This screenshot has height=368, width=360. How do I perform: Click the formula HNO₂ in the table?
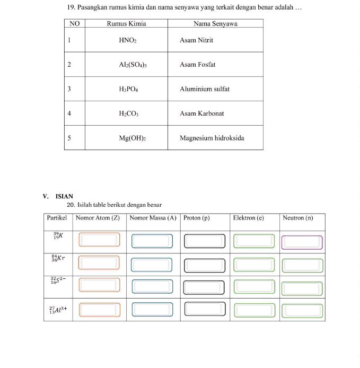128,40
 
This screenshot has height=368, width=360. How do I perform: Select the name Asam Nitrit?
196,40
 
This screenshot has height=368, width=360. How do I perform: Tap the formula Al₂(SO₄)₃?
133,65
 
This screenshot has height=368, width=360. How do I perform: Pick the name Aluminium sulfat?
204,89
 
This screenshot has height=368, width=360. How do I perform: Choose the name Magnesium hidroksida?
212,138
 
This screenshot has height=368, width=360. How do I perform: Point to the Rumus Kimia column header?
126,24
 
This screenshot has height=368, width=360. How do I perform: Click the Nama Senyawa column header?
215,24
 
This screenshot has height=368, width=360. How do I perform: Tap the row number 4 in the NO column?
69,113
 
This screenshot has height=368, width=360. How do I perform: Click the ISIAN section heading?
64,196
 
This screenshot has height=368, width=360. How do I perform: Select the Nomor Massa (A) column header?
153,218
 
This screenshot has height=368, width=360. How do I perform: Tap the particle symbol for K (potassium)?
58,235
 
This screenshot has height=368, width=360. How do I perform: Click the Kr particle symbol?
58,258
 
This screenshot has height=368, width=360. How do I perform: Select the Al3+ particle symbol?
58,310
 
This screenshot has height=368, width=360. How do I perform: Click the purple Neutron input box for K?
302,242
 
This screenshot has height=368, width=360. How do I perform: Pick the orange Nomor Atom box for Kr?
99,262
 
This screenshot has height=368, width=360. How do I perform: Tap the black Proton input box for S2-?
205,286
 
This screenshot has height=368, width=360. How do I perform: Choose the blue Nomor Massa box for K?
152,241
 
